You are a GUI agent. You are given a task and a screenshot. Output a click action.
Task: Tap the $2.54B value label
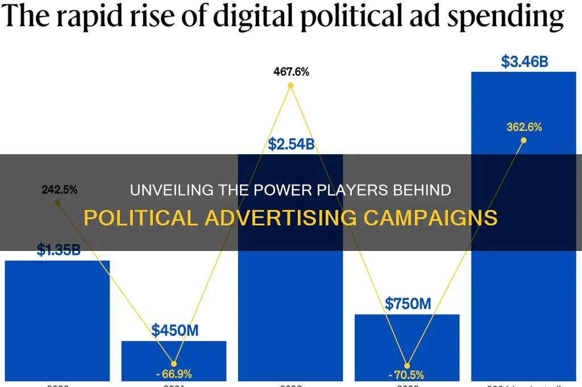pyautogui.click(x=290, y=143)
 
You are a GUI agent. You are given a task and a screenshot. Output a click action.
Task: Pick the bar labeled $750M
pyautogui.click(x=407, y=347)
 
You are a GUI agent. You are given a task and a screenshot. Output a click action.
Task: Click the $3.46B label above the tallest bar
pyautogui.click(x=524, y=61)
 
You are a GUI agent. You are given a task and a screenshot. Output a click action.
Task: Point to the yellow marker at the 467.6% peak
pyautogui.click(x=290, y=86)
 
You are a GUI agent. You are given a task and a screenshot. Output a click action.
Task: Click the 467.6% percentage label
pyautogui.click(x=290, y=72)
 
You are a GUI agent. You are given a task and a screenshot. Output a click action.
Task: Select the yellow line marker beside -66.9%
pyautogui.click(x=174, y=364)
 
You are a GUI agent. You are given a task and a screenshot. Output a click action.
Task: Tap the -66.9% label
pyautogui.click(x=174, y=374)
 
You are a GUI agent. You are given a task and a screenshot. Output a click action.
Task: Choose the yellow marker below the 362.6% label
pyautogui.click(x=523, y=140)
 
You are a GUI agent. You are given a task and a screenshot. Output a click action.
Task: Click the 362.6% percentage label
pyautogui.click(x=523, y=127)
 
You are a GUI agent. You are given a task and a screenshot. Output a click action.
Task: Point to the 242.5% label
pyautogui.click(x=59, y=190)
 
